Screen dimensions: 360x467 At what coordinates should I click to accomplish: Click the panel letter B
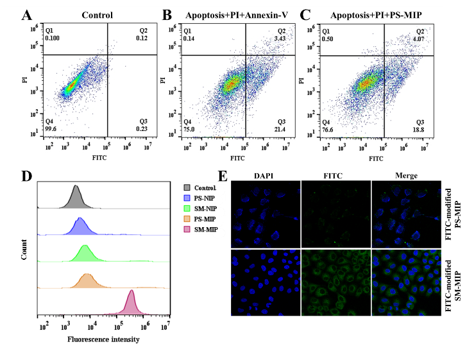[x=167, y=15]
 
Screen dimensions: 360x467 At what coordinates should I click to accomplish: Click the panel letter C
[x=305, y=15]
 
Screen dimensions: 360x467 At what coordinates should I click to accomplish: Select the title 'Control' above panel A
[x=98, y=15]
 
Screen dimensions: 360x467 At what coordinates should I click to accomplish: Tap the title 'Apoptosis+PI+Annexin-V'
[x=235, y=15]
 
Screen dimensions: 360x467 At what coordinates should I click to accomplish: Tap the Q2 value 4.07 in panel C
[x=420, y=39]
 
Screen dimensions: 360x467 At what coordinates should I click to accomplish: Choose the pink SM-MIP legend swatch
[x=187, y=230]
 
